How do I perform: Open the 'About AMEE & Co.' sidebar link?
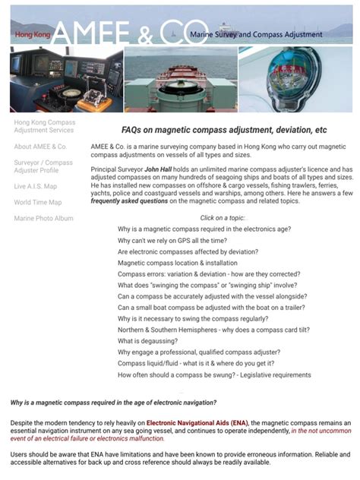pyautogui.click(x=40, y=147)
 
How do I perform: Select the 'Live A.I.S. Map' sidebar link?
pyautogui.click(x=35, y=186)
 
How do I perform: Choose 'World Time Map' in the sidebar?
pyautogui.click(x=38, y=202)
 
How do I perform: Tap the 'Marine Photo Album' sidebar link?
pyautogui.click(x=43, y=218)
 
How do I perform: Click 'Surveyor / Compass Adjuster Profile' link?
pyautogui.click(x=43, y=166)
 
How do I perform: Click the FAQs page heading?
pyautogui.click(x=224, y=130)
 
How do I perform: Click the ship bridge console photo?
pyautogui.click(x=65, y=79)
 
